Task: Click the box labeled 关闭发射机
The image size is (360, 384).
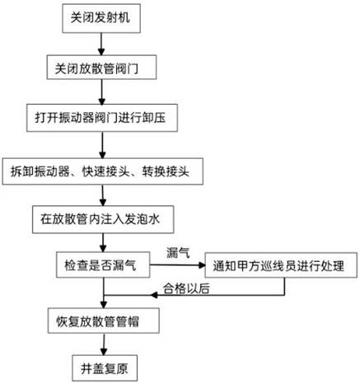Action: point(101,18)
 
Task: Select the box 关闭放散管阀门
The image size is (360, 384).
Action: point(101,68)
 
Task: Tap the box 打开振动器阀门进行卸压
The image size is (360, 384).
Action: point(102,118)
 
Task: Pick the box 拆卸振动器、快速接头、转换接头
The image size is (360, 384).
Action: point(103,171)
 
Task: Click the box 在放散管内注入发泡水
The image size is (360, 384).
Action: point(103,219)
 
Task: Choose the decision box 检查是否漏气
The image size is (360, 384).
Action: point(103,265)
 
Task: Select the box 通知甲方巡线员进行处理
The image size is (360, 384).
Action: point(281,265)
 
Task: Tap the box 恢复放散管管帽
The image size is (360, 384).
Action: point(104,321)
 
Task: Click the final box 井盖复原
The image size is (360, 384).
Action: point(105,368)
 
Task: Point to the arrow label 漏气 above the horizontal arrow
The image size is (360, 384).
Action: point(178,252)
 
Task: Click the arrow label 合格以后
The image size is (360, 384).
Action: point(186,288)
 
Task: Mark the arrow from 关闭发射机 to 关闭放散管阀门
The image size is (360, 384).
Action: point(101,44)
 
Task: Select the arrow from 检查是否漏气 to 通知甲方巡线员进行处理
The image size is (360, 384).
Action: point(177,265)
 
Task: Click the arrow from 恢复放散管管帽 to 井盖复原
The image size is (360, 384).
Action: point(104,344)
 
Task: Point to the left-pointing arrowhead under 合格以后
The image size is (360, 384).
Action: point(154,295)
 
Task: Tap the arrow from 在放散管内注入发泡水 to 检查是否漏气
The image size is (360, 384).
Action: point(103,242)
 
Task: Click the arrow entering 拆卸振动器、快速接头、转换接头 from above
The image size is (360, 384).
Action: point(102,145)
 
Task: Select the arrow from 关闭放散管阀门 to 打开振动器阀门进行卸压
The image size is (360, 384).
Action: point(102,92)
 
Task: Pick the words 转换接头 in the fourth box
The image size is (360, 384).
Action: point(166,171)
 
